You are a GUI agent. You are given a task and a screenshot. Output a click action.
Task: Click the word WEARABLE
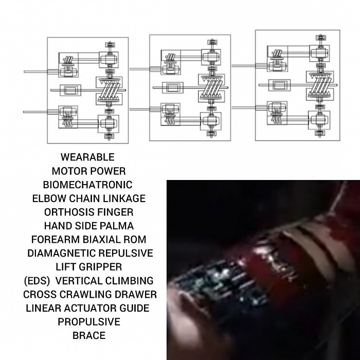pyautogui.click(x=87, y=157)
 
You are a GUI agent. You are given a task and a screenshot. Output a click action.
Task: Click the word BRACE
pyautogui.click(x=89, y=336)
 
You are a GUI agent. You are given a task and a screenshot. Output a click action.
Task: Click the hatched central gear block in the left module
pyautogui.click(x=110, y=91)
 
